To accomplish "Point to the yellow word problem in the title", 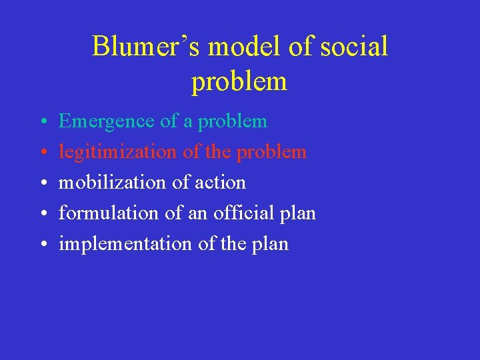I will pos(239,82).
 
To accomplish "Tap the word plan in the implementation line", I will pos(271,245).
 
